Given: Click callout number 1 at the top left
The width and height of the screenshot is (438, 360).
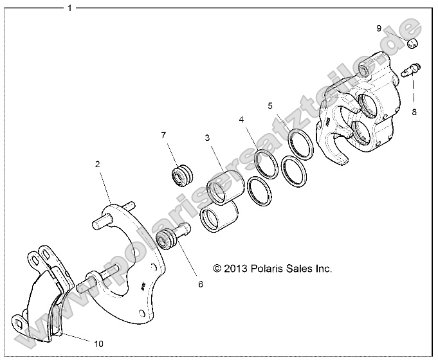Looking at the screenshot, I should pyautogui.click(x=69, y=8).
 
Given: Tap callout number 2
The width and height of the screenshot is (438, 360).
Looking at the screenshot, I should pyautogui.click(x=98, y=165).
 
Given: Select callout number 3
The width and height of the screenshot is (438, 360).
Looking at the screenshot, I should pyautogui.click(x=207, y=138).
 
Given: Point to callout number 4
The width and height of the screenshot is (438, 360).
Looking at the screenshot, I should pyautogui.click(x=241, y=120).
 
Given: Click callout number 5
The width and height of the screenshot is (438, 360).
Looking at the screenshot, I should pyautogui.click(x=270, y=105).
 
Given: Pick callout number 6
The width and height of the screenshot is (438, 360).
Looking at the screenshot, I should pyautogui.click(x=200, y=283).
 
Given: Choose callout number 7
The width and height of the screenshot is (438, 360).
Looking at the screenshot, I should pyautogui.click(x=163, y=135).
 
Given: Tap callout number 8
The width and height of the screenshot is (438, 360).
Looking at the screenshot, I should pyautogui.click(x=414, y=112).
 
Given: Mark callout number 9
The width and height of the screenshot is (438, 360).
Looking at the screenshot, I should pyautogui.click(x=379, y=28).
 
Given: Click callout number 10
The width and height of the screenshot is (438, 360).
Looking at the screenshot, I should pyautogui.click(x=98, y=344).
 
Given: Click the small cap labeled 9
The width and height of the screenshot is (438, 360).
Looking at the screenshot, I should pyautogui.click(x=413, y=43).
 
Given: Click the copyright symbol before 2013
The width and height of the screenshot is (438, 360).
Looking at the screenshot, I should pyautogui.click(x=217, y=269).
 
